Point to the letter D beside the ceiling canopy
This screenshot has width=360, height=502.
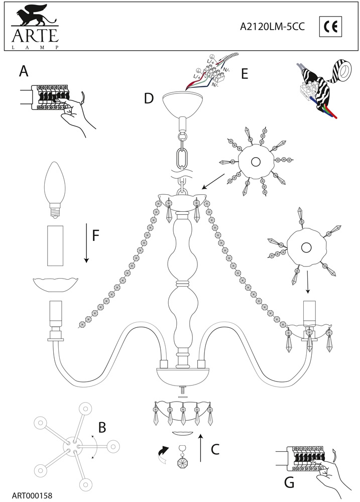pos(149,98)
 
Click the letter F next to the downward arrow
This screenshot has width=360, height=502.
pos(97,235)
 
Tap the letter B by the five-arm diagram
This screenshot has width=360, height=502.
pos(102,427)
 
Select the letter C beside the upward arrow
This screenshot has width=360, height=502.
pos(215,449)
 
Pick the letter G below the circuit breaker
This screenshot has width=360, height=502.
pos(289,483)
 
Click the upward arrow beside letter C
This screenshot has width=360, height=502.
pos(201,448)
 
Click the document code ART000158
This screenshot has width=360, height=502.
pos(31,495)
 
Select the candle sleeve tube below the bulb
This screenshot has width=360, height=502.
pos(56,246)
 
